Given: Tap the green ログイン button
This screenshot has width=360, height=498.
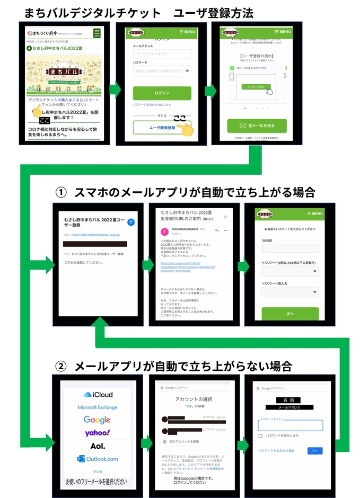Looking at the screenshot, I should point(162,93).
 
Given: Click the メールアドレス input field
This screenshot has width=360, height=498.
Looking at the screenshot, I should point(162,54).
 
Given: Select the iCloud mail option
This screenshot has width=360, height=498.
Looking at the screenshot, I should point(98,395).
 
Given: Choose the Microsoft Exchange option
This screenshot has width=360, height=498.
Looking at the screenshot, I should point(98,407).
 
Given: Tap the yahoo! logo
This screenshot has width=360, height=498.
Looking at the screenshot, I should point(98,433).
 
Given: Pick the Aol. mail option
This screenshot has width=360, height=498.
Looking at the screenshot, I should point(98,446).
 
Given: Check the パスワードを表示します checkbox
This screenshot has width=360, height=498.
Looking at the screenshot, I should point(260,435).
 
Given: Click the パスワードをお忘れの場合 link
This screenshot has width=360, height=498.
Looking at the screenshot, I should point(276,450).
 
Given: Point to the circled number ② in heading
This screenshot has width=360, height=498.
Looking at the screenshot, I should point(62,366).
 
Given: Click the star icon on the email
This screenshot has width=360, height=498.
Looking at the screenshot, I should point(225,217).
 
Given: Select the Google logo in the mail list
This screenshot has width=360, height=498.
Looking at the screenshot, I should point(98,420).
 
